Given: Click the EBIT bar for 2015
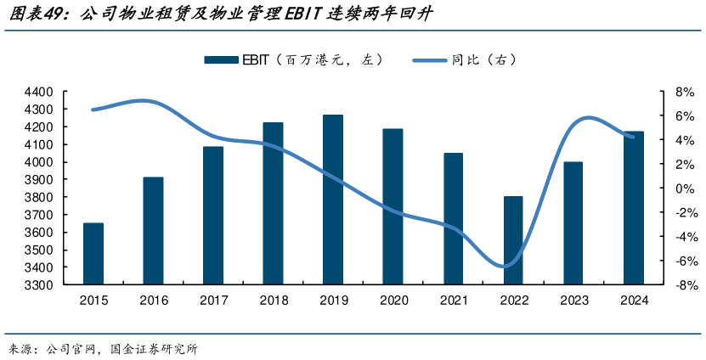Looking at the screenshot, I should point(93,254).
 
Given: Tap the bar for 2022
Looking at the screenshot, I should point(513,240).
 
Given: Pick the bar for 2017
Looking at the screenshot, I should point(213,216).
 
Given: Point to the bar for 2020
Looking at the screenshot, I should point(393,206).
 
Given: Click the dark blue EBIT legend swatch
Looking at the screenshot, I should point(221,60).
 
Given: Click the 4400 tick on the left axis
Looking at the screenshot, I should point(40,92).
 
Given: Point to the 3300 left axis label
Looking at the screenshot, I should point(40,285).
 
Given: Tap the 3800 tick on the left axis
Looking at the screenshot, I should point(40,197).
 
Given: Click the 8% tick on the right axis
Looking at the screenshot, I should point(662,92).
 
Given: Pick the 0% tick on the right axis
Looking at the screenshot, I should point(662,188).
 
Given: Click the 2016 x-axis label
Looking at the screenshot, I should point(153,301).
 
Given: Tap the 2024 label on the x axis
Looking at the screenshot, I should point(634,301).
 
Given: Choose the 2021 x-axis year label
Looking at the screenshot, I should point(453,301).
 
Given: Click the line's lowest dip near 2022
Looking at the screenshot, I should point(507,267).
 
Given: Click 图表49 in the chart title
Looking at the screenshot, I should point(33,14).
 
